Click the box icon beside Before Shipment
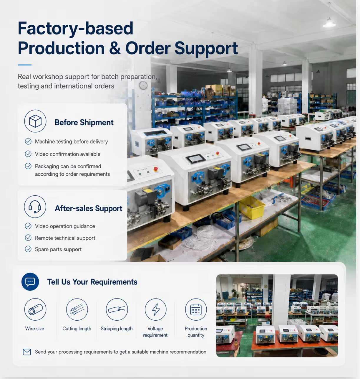[35, 121]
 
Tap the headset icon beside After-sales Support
[35, 207]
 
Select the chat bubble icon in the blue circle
[30, 282]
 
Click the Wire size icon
[35, 309]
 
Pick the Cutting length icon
[77, 309]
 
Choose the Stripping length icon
[117, 309]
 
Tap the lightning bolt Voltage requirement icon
[156, 309]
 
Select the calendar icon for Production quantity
[196, 309]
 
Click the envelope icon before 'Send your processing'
[27, 352]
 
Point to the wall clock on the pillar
[143, 85]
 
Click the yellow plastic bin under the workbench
[252, 207]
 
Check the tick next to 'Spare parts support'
[28, 249]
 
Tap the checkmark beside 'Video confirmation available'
[28, 154]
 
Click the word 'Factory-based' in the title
[76, 29]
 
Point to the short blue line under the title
[25, 65]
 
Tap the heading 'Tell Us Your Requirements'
[92, 282]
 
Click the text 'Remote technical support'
[65, 238]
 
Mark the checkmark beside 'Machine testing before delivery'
[28, 141]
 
